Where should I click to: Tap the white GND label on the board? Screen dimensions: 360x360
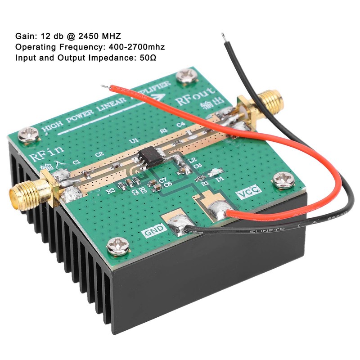click(x=152, y=232)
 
